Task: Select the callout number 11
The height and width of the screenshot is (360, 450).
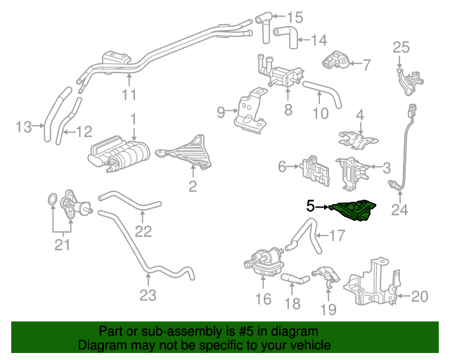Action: (129, 95)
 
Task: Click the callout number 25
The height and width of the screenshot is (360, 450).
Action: (400, 48)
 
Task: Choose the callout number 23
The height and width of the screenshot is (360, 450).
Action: (147, 295)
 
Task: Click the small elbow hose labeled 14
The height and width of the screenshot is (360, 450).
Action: (285, 32)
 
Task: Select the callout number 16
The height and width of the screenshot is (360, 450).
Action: (262, 300)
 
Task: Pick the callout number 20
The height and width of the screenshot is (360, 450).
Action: (419, 297)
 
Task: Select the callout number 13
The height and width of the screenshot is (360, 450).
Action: (25, 127)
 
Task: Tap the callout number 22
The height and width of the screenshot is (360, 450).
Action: (143, 231)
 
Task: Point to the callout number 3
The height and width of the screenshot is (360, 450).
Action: (387, 167)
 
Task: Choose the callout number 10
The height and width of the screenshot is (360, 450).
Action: (321, 113)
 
